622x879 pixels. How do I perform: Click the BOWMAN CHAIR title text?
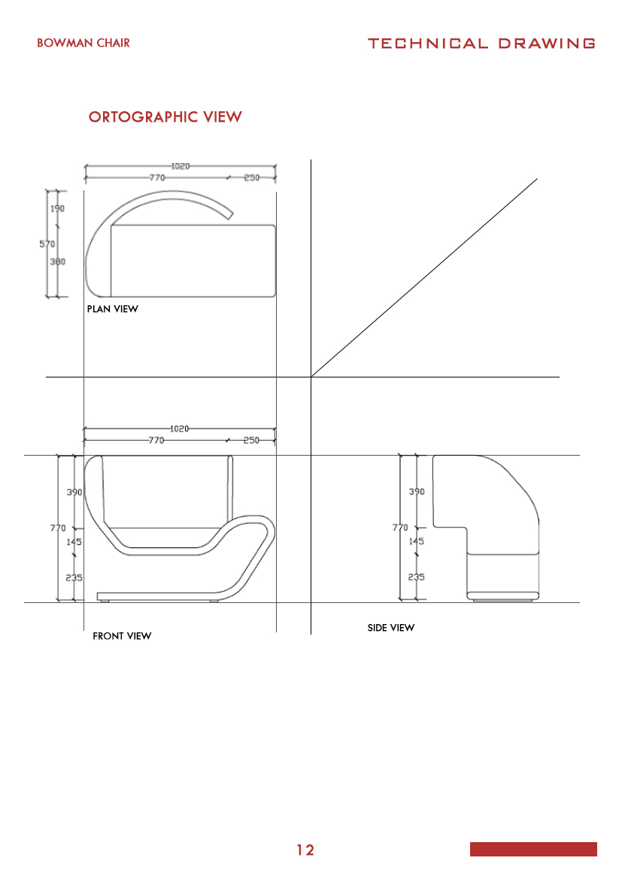pos(83,43)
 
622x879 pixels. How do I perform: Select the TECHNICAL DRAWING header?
pos(481,44)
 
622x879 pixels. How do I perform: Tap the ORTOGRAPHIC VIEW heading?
pos(165,117)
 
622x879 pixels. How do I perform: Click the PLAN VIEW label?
pos(113,309)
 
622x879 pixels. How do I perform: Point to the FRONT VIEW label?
pos(122,636)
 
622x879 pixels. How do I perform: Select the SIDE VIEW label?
pos(390,627)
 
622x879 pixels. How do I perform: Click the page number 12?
pos(305,850)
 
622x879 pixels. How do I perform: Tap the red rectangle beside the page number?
pos(533,849)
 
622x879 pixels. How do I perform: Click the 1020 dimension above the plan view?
pos(179,166)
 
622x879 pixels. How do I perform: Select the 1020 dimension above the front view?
pos(179,429)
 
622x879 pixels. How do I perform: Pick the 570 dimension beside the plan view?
pos(47,243)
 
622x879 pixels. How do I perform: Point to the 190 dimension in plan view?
pos(58,209)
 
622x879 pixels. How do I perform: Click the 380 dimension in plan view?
pos(58,262)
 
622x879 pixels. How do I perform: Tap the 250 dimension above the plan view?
pos(251,178)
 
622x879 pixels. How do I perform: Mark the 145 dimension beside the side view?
pos(417,541)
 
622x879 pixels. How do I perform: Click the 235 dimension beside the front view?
pos(74,577)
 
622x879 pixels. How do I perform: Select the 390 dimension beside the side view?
pos(417,492)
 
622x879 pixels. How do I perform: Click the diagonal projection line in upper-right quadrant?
pos(425,277)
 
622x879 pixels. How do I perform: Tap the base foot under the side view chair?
pos(504,599)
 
